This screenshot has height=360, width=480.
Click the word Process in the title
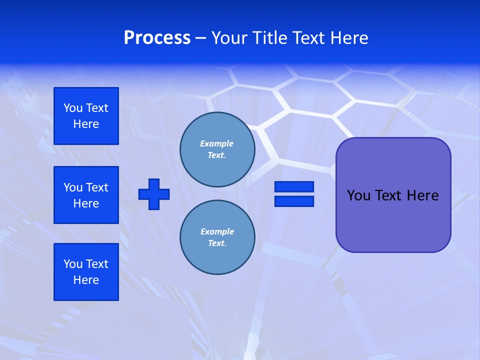click(x=157, y=38)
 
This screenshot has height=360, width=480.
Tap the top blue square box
click(x=86, y=116)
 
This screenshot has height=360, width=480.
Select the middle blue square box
click(x=86, y=195)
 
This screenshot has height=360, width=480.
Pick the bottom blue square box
click(x=86, y=272)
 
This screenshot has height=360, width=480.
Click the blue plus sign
click(x=154, y=194)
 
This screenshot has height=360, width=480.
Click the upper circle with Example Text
click(x=217, y=149)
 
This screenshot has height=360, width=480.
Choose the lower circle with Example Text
click(x=217, y=237)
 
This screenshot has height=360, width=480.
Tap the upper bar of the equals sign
click(x=294, y=187)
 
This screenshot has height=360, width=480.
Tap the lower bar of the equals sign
click(x=294, y=201)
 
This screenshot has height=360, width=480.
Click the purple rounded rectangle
click(x=393, y=220)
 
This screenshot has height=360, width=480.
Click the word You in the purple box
click(x=358, y=195)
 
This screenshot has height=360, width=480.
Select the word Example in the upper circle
click(x=216, y=143)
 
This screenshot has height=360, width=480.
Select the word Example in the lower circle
click(x=217, y=231)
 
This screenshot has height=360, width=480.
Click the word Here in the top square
click(x=86, y=124)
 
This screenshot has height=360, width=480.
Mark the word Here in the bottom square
click(x=86, y=280)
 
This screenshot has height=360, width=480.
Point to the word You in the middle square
click(x=73, y=187)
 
